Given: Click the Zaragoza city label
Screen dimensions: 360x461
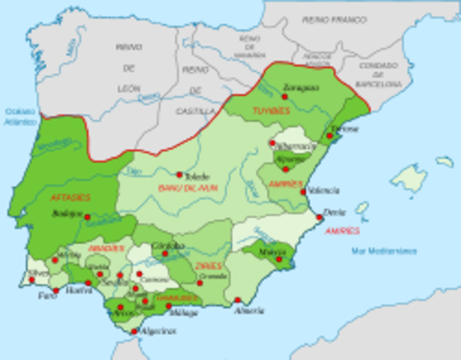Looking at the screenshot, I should pyautogui.click(x=301, y=87).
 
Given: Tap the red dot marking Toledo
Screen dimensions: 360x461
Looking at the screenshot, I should pyautogui.click(x=180, y=174).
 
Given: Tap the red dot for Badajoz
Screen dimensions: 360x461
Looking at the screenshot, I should pyautogui.click(x=87, y=217).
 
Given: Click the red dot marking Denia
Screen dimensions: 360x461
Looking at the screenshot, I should pyautogui.click(x=319, y=217).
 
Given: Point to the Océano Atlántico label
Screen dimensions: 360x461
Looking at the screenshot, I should pyautogui.click(x=21, y=115).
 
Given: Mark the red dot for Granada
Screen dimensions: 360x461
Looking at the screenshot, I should pyautogui.click(x=200, y=283).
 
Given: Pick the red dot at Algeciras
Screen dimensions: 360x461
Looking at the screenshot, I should pyautogui.click(x=134, y=331).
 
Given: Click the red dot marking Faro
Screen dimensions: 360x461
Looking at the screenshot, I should pyautogui.click(x=55, y=290).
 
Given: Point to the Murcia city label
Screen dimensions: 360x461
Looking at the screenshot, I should pyautogui.click(x=270, y=252).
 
